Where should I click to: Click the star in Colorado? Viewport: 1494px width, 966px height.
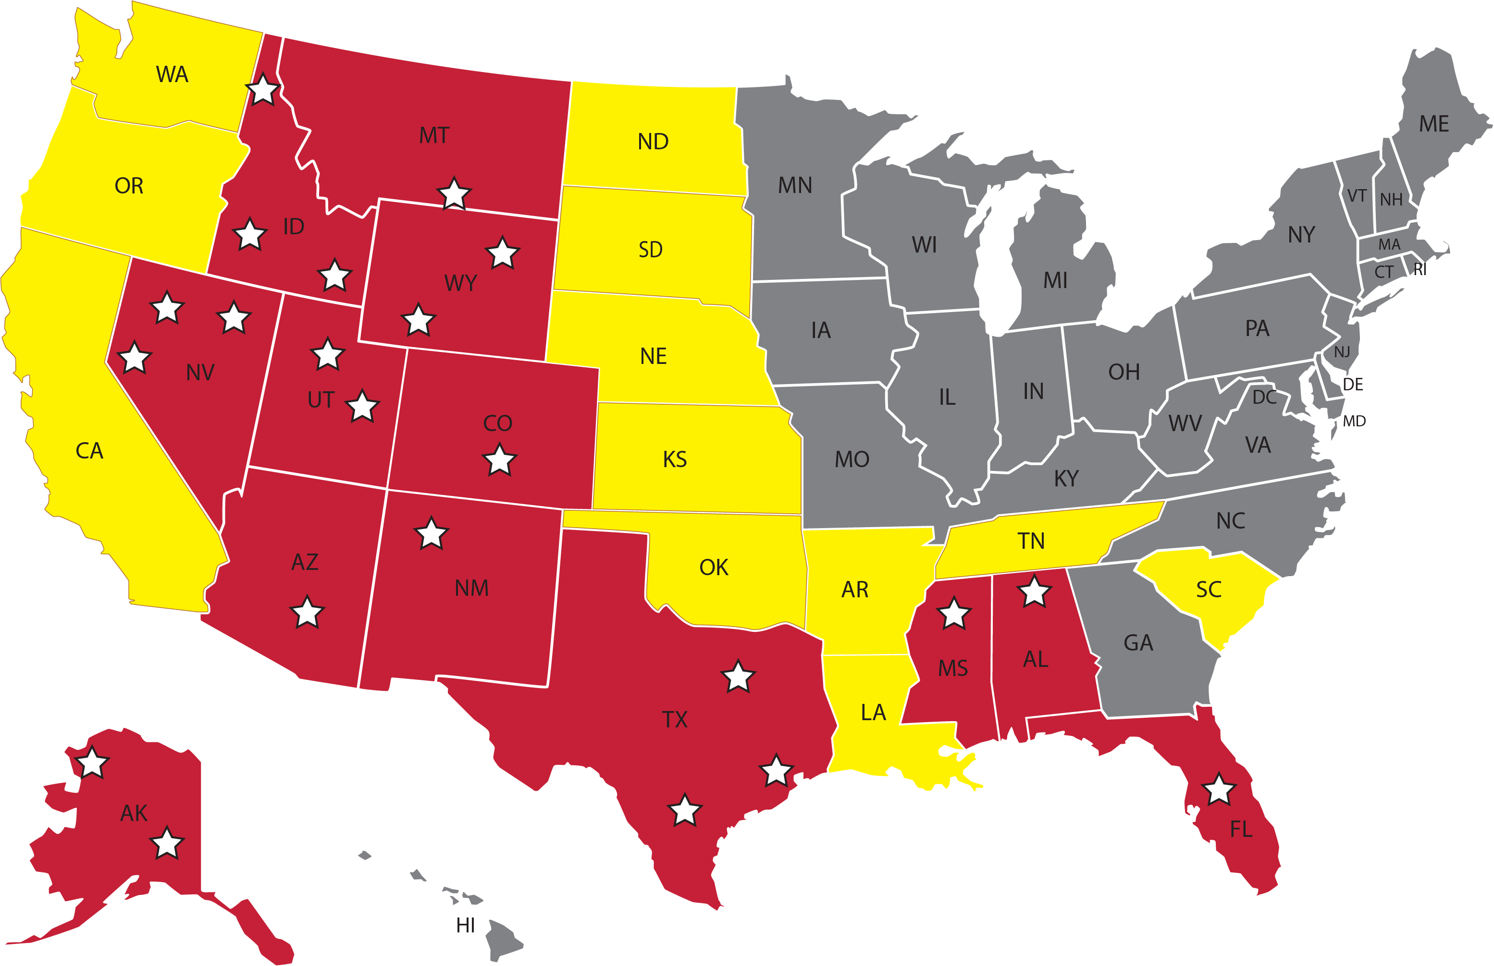coord(499,460)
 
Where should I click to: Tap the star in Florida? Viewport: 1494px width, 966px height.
coord(1219,790)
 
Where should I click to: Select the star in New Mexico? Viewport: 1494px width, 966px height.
coord(431,534)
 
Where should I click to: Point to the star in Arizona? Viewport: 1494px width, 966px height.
coord(307,612)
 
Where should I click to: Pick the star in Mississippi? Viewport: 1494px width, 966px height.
coord(953,614)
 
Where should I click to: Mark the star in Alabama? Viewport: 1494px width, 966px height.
coord(1034,592)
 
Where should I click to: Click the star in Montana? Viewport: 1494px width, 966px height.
coord(454,194)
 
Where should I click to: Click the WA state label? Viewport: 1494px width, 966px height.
coord(172,74)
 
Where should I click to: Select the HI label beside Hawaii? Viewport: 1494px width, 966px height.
coord(465,925)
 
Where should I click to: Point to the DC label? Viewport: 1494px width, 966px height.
coord(1264,397)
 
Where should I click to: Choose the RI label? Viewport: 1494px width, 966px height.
coord(1420,269)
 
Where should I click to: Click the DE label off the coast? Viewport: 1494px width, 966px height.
coord(1353,384)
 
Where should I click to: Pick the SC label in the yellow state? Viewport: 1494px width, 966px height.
coord(1209,590)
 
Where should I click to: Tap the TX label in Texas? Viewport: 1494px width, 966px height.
coord(675,720)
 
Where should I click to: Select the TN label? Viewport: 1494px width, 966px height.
coord(1031,541)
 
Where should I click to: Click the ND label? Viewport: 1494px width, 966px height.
coord(653,142)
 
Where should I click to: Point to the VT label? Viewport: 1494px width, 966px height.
coord(1357,196)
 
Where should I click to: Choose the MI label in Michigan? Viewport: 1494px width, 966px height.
coord(1055,280)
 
